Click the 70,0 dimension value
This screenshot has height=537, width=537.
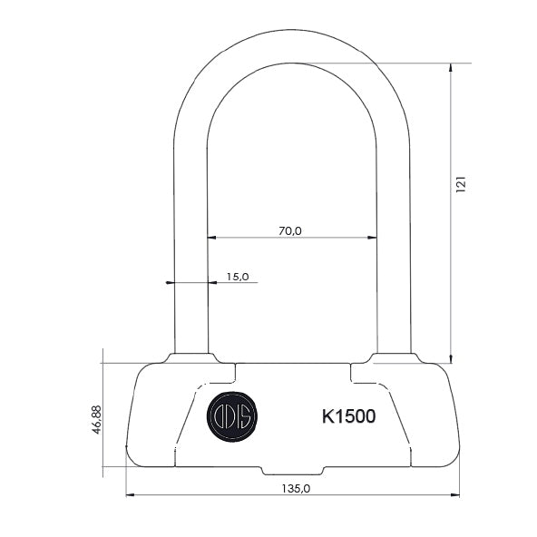[289, 231]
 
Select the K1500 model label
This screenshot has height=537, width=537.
[348, 416]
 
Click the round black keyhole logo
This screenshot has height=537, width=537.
[232, 416]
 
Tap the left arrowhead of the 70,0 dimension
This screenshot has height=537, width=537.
[212, 238]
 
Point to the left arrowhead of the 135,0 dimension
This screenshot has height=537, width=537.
[129, 495]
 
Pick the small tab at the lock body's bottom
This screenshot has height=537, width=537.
[292, 471]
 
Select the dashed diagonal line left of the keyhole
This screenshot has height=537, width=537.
[186, 419]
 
